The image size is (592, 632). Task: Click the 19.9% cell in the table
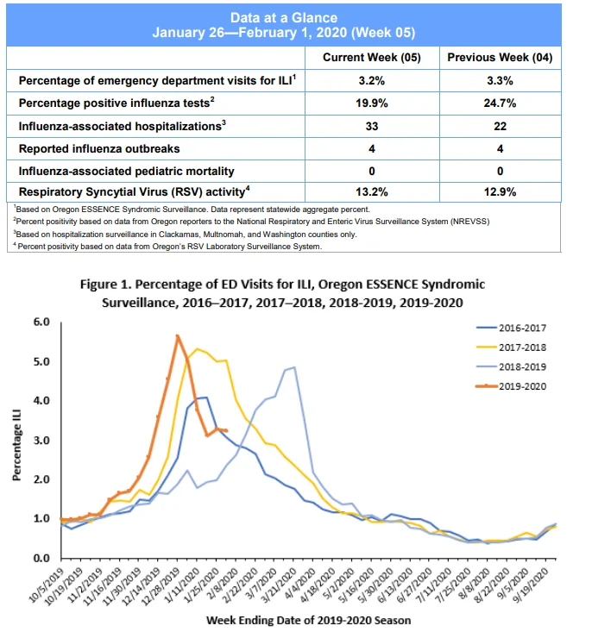(372, 103)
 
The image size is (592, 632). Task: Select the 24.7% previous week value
(500, 103)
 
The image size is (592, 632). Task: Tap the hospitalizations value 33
(372, 126)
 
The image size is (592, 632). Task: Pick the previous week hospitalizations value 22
(500, 126)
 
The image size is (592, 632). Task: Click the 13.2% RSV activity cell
(372, 192)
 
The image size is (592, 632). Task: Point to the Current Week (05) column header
(372, 58)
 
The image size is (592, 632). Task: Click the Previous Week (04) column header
(500, 58)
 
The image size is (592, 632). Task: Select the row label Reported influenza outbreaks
(99, 148)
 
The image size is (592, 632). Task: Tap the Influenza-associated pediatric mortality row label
(126, 172)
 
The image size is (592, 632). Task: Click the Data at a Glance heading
(284, 18)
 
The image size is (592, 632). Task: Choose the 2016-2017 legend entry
(511, 329)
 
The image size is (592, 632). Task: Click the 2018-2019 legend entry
(511, 366)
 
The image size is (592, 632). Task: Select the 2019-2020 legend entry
(511, 386)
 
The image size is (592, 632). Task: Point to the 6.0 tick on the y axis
(41, 322)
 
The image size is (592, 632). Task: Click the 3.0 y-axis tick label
(41, 440)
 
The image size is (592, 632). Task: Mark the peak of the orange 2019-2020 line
(177, 335)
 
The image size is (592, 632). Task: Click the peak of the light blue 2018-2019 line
(294, 367)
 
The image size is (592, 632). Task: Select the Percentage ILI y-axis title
(16, 445)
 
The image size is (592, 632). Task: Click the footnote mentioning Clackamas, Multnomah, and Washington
(185, 235)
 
